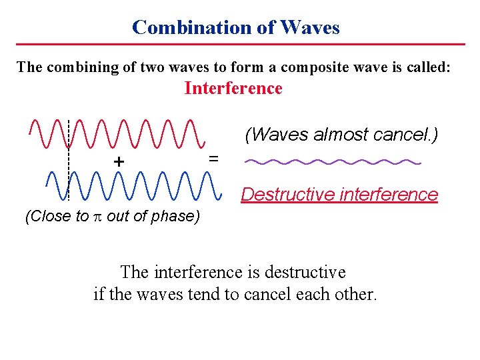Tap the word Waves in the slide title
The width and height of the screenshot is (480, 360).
(310, 27)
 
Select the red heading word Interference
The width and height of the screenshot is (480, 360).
(233, 89)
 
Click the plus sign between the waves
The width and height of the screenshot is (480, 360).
(119, 162)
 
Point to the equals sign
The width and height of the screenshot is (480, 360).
(213, 158)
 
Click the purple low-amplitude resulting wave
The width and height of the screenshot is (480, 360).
(333, 161)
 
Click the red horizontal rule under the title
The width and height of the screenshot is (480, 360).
(240, 45)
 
